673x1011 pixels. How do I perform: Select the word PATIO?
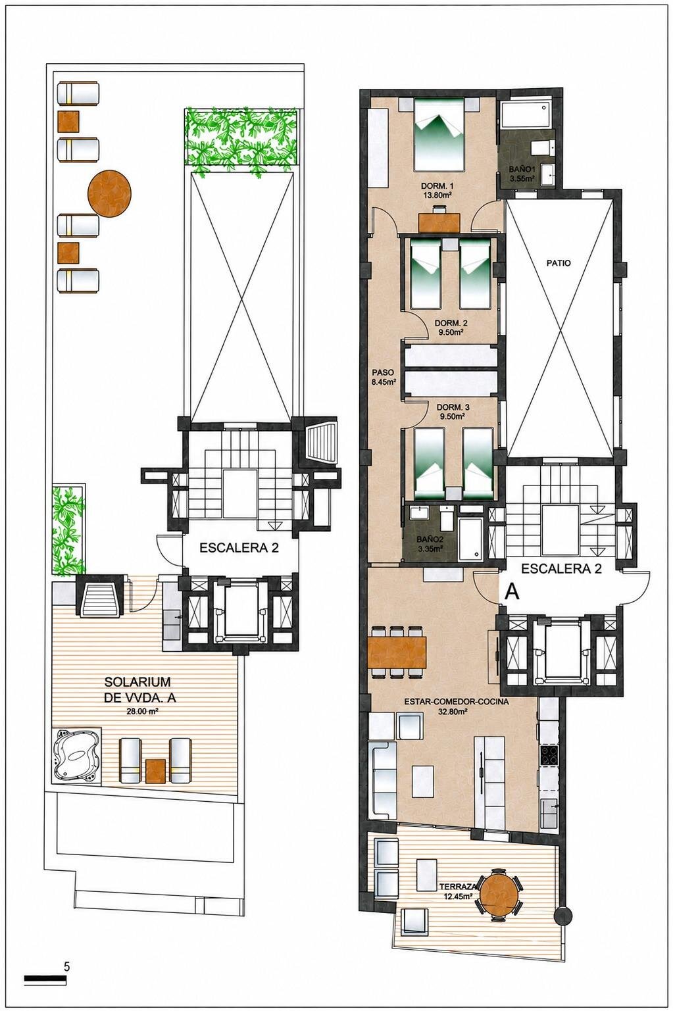tap(559, 263)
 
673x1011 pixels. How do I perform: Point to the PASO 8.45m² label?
tap(384, 378)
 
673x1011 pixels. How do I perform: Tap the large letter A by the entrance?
tap(513, 592)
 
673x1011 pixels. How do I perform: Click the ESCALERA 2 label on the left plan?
tap(239, 549)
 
